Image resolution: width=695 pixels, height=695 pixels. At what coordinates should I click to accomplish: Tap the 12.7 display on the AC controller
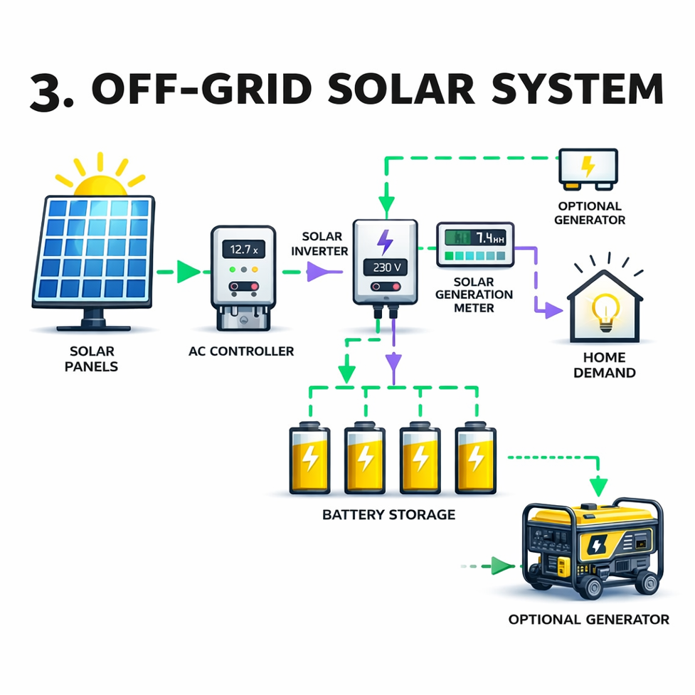[x=243, y=249]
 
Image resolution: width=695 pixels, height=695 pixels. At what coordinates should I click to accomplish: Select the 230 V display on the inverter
[x=385, y=267]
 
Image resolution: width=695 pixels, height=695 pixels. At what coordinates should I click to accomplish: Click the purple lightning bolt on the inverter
[x=385, y=241]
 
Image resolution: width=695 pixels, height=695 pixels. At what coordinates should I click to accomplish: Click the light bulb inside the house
[x=606, y=312]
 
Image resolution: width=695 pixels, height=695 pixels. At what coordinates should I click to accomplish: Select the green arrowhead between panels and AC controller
[x=189, y=271]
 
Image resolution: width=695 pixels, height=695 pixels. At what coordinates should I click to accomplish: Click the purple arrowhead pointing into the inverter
[x=316, y=272]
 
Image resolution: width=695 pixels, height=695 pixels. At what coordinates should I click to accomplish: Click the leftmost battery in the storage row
[x=309, y=459]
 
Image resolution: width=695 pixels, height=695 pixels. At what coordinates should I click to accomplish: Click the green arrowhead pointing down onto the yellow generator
[x=599, y=487]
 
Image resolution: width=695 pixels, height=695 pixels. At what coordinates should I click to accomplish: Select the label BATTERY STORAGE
[x=388, y=514]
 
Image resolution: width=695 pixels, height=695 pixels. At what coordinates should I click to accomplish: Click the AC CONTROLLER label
[x=242, y=351]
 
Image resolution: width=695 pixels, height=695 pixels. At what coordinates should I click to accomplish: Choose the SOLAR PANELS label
[x=92, y=359]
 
